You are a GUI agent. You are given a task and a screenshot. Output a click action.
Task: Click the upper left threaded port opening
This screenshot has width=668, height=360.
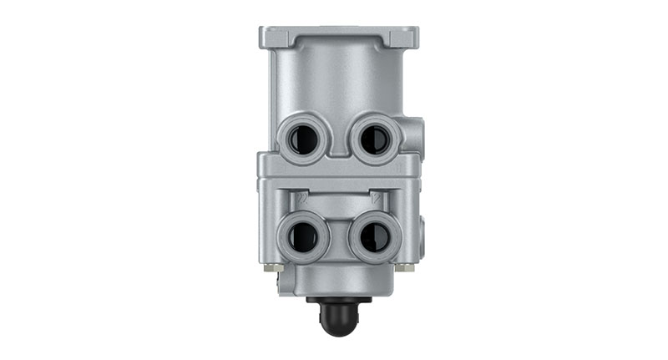point(304,139)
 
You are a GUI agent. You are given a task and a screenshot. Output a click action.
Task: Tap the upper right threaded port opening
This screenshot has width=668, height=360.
point(373,139)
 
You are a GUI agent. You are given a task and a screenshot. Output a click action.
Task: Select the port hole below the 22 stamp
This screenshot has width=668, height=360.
point(303,237)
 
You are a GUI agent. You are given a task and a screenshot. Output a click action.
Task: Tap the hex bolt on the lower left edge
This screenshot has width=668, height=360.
point(269,267)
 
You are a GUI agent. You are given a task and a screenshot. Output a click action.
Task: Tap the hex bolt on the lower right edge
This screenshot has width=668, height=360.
point(407,267)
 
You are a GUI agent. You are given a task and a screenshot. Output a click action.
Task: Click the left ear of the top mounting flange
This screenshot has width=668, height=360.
point(272,36)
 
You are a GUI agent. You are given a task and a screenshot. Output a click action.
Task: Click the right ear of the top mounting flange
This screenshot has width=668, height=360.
point(405,36)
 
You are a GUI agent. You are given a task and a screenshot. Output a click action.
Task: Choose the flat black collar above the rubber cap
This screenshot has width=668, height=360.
point(338,299)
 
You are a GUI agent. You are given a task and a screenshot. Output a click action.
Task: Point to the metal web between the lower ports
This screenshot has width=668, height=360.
point(338,237)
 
